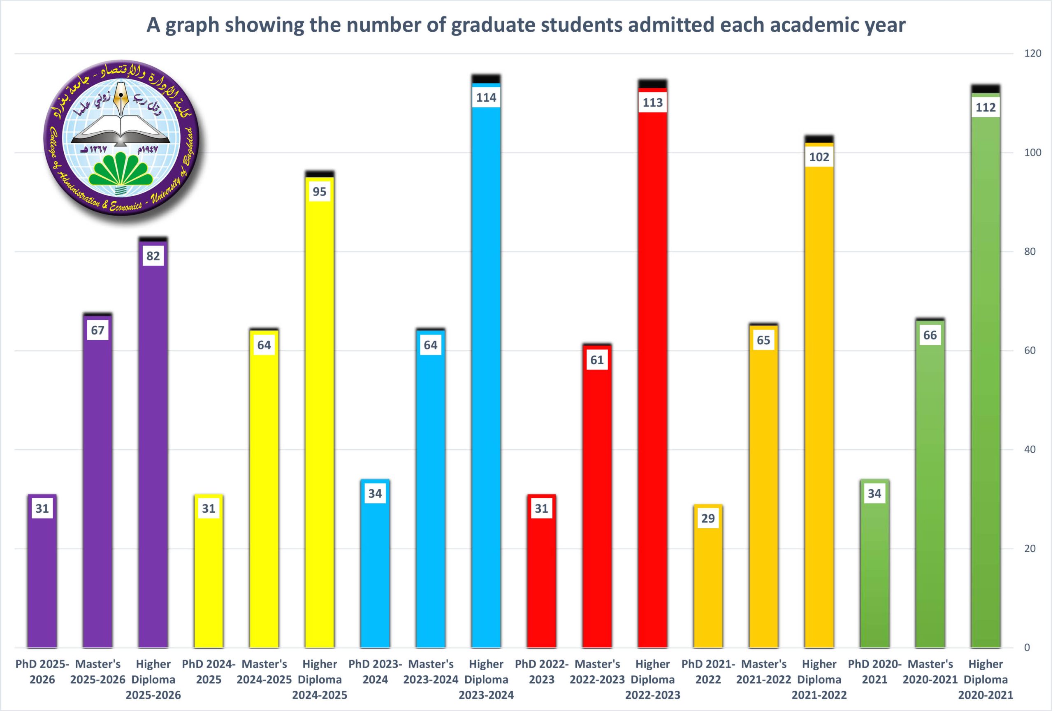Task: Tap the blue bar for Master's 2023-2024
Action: click(x=430, y=498)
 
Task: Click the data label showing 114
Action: click(x=486, y=98)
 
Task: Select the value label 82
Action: click(x=153, y=256)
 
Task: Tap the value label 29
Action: click(x=708, y=518)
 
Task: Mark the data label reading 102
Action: click(x=819, y=157)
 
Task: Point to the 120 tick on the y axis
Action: click(x=1032, y=53)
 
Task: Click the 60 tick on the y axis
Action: click(x=1030, y=350)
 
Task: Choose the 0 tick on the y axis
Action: click(x=1027, y=648)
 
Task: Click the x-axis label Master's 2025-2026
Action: click(x=98, y=671)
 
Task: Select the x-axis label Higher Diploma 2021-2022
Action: click(x=819, y=679)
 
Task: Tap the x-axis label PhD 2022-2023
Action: click(x=541, y=671)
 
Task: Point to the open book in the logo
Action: click(x=121, y=129)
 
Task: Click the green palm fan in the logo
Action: click(x=121, y=170)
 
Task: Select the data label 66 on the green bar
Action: click(x=930, y=335)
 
